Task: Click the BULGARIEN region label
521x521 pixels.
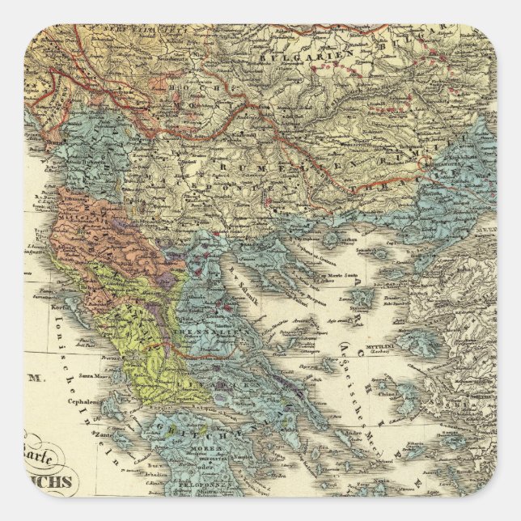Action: (287, 57)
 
